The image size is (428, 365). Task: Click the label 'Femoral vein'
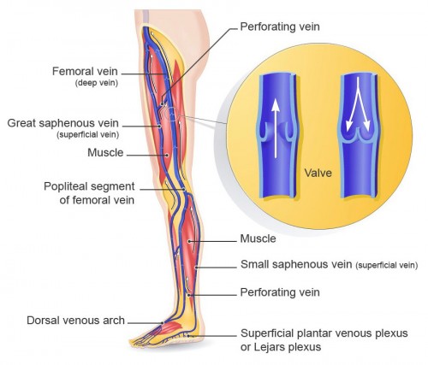85,71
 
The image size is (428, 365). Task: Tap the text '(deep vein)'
97,83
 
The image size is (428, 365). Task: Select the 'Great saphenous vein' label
62,123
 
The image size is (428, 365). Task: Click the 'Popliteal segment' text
89,186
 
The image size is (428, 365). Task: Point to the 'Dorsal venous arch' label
75,321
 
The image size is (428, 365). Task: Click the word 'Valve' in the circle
318,173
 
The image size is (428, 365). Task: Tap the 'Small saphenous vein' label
296,264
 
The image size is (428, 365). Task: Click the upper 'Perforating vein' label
280,26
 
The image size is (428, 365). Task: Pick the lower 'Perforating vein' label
280,292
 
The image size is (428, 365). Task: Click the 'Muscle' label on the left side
105,153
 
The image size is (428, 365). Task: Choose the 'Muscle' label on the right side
258,238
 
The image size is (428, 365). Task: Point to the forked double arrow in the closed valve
358,105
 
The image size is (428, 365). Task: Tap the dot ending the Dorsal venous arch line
163,323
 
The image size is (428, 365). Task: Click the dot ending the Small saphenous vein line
196,268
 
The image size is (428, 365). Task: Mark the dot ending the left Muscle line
166,156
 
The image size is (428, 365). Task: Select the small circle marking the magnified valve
171,115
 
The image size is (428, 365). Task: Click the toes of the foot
140,341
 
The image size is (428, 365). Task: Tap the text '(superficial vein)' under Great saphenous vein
88,134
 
